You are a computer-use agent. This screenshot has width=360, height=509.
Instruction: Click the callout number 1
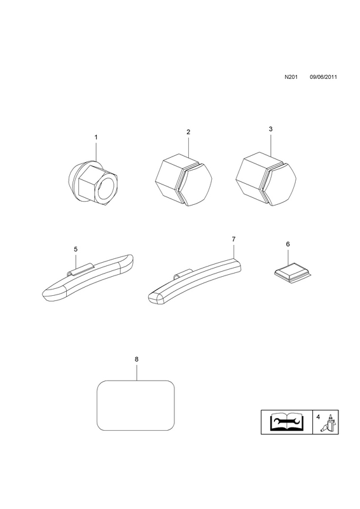point(96,137)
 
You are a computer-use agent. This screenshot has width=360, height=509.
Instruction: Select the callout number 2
point(188,132)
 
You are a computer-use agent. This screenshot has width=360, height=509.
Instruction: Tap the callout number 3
point(271,129)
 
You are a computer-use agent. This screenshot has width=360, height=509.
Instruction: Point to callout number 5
point(76,249)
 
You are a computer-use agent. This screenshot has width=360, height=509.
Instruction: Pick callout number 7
point(233,239)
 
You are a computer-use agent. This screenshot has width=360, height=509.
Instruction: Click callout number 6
point(288,244)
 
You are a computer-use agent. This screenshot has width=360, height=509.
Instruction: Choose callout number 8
point(136,359)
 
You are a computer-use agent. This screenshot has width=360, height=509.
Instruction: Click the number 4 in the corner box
point(318,417)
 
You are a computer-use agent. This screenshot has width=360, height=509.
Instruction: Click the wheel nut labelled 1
point(93,183)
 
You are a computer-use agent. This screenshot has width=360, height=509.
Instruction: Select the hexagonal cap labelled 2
point(183,179)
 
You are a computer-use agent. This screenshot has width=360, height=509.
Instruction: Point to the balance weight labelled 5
point(88,277)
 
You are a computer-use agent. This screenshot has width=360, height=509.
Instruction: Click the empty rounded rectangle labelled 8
point(135,405)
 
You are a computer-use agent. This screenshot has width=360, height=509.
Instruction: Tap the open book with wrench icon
point(287,422)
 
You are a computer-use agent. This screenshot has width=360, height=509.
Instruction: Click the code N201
point(291,77)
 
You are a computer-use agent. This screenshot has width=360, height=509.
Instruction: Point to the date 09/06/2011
point(323,77)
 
